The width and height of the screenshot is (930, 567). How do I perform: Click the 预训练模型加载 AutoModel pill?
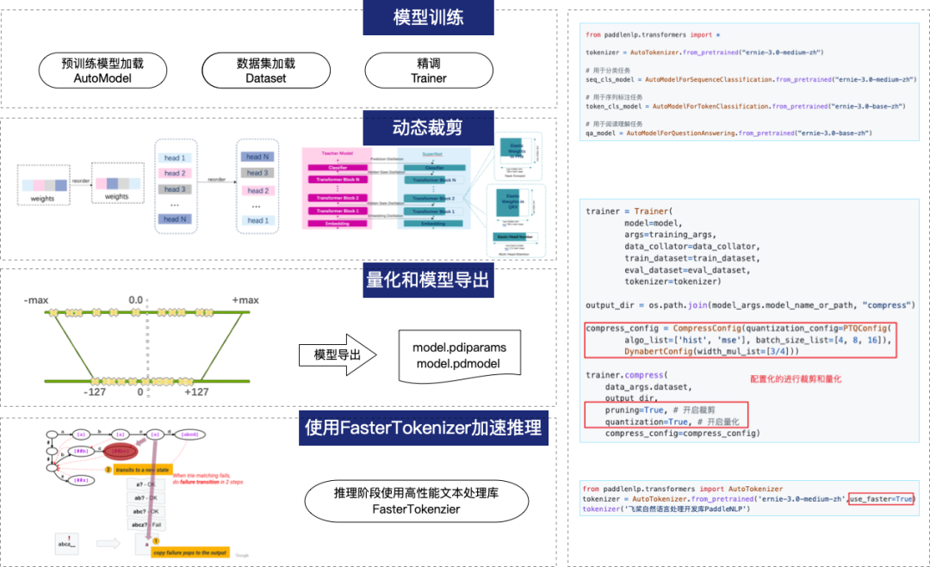tap(102, 71)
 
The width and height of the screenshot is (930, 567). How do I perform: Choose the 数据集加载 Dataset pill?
tap(265, 71)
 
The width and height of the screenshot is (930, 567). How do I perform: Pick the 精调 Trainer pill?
tap(429, 71)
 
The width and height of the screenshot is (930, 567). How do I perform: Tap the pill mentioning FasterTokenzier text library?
tap(417, 501)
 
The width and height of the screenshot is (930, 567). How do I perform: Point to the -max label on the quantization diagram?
tap(36, 299)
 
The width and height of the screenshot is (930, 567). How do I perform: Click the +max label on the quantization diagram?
tap(245, 299)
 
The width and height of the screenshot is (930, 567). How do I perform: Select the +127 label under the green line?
tap(195, 392)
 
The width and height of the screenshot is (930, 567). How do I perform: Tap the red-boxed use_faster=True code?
tap(881, 499)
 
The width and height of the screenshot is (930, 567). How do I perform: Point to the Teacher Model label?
tap(337, 151)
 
